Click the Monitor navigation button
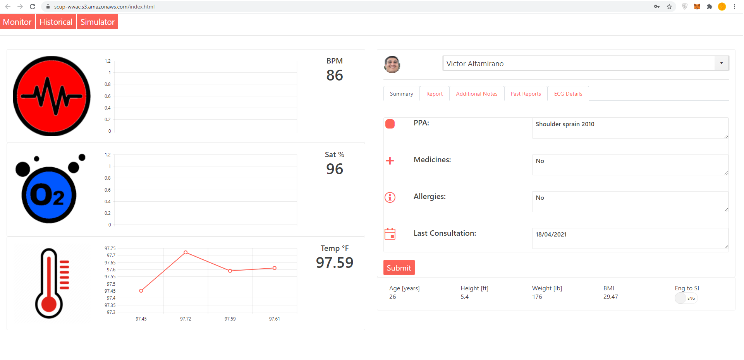[x=17, y=22]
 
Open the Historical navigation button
[x=56, y=22]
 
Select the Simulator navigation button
[x=97, y=22]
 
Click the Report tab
[x=434, y=94]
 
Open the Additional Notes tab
[x=476, y=94]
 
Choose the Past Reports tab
[x=526, y=94]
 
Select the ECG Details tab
[x=568, y=94]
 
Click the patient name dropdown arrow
[x=721, y=63]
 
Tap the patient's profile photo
[x=392, y=64]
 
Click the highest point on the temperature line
[x=186, y=252]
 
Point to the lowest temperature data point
[x=141, y=291]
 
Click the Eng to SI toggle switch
[x=686, y=298]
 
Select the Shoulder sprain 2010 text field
[x=630, y=128]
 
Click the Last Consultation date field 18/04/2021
[x=630, y=238]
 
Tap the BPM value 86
[x=334, y=75]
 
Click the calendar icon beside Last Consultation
[x=390, y=234]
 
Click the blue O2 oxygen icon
[x=49, y=194]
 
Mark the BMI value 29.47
[x=610, y=297]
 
